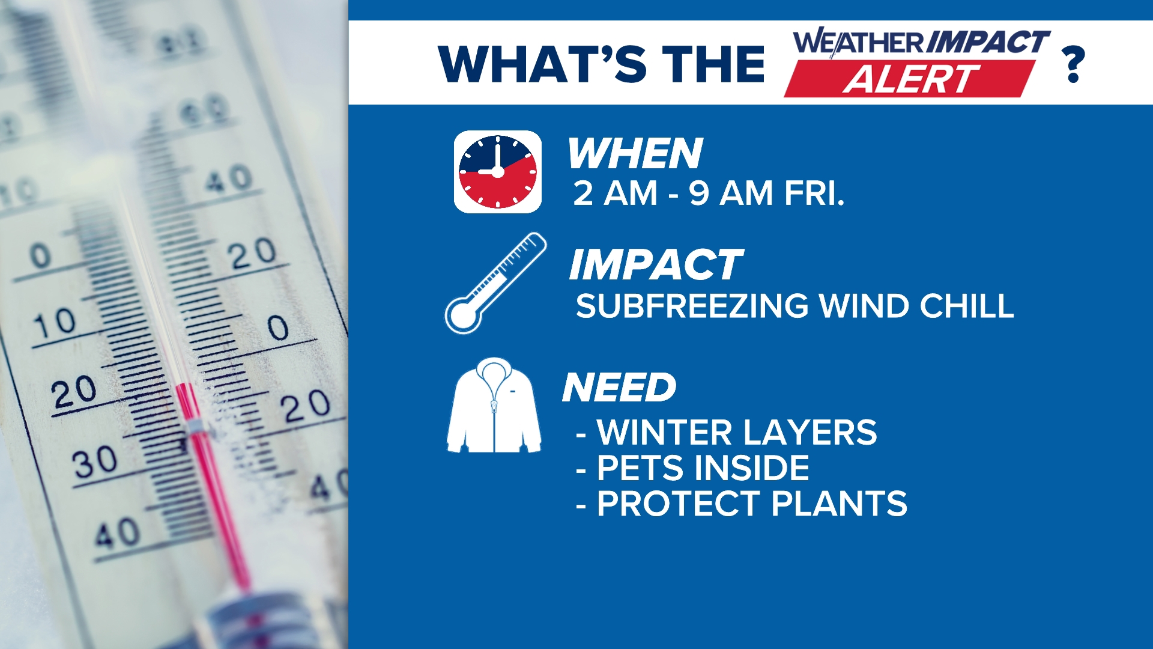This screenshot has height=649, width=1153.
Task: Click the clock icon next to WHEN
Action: click(x=497, y=172)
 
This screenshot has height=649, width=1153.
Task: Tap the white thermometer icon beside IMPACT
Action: click(x=496, y=283)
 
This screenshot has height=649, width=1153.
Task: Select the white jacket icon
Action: click(x=494, y=406)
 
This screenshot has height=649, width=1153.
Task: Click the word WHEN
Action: click(x=635, y=154)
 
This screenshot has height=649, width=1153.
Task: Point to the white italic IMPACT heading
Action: click(x=656, y=265)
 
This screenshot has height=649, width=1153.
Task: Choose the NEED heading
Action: click(x=619, y=388)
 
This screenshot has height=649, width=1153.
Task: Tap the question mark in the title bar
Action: click(x=1073, y=64)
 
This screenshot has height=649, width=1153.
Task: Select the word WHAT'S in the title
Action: click(x=542, y=64)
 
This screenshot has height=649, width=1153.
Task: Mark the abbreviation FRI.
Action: click(x=814, y=193)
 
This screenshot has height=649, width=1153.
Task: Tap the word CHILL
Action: click(x=967, y=306)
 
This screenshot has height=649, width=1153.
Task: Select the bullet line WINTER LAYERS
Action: click(x=726, y=433)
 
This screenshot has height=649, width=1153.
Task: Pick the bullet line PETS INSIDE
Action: click(x=692, y=468)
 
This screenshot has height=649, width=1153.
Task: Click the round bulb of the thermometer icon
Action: click(x=462, y=314)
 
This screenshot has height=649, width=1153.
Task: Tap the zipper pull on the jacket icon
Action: click(x=494, y=407)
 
